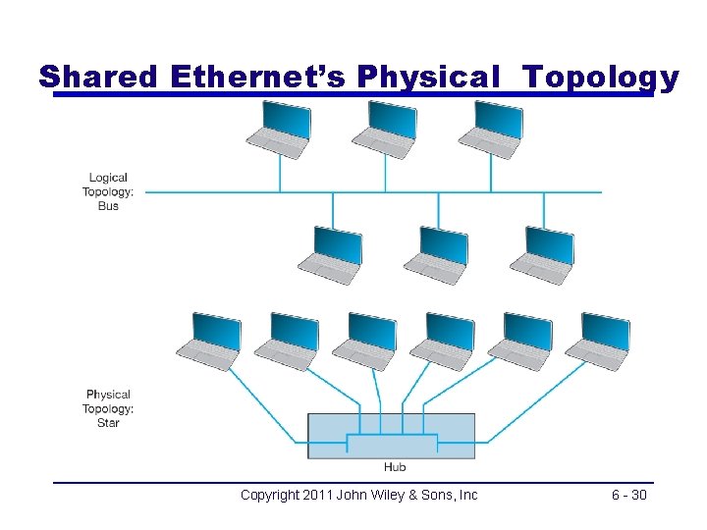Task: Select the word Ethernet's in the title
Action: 257,77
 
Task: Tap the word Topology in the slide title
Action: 600,77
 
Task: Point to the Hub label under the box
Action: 395,467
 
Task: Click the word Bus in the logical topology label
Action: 108,206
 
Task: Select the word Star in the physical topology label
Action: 108,423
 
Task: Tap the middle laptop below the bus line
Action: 437,254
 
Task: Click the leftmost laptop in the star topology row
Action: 208,341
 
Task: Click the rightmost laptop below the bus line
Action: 542,254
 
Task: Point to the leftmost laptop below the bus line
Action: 331,254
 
